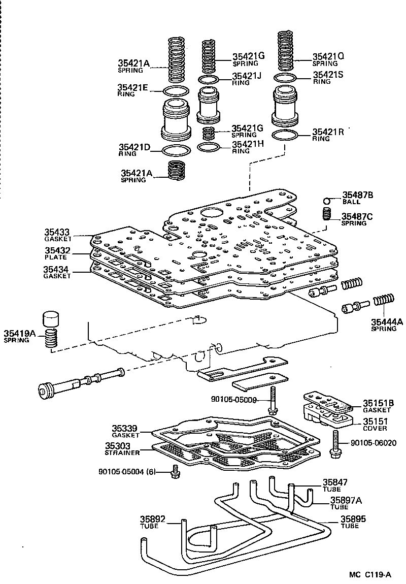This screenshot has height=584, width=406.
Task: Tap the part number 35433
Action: pyautogui.click(x=57, y=234)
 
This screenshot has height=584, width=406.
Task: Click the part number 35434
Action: pyautogui.click(x=57, y=269)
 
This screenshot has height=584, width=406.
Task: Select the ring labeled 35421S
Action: pyautogui.click(x=285, y=78)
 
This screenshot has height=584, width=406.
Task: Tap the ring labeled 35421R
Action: pyautogui.click(x=285, y=136)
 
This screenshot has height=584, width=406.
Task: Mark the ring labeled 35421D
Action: pyautogui.click(x=176, y=151)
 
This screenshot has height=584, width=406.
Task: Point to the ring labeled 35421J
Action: pyautogui.click(x=209, y=80)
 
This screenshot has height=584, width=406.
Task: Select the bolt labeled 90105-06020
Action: pyautogui.click(x=335, y=444)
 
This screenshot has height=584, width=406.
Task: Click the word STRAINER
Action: pyautogui.click(x=122, y=452)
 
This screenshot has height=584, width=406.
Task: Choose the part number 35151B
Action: pyautogui.click(x=377, y=404)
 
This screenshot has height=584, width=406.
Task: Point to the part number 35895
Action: pyautogui.click(x=353, y=518)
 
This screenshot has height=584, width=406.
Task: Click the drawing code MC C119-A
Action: pyautogui.click(x=370, y=574)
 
